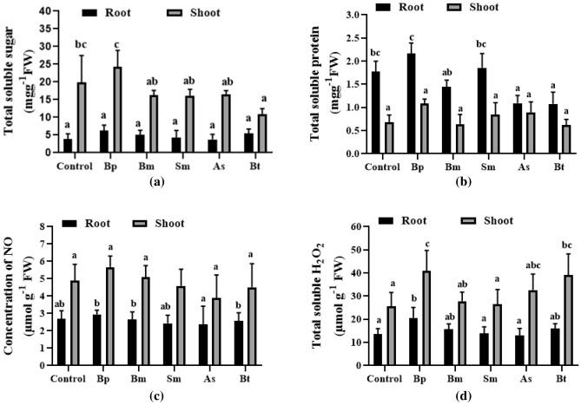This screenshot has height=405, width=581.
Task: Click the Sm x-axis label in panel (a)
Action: pyautogui.click(x=187, y=166)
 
